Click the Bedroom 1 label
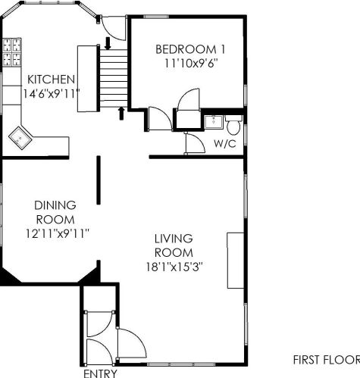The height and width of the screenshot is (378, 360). tap(190, 49)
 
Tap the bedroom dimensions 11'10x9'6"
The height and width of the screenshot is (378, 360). tap(191, 63)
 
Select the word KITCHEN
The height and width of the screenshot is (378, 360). tap(51, 80)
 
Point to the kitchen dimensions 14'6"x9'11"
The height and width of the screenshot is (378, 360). tap(52, 94)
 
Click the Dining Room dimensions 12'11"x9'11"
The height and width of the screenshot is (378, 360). tap(58, 233)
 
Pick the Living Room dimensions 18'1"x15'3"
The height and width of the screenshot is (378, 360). tap(174, 267)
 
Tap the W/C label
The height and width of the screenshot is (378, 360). tap(225, 144)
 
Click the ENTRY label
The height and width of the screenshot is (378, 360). tap(100, 373)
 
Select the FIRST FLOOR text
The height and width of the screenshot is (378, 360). tap(327, 360)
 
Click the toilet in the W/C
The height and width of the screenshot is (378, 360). tap(233, 125)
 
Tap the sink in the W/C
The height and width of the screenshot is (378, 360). tap(214, 122)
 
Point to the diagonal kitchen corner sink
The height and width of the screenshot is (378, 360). tap(20, 138)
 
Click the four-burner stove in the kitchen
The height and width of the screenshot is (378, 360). tap(12, 52)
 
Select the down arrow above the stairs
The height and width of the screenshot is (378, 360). tap(108, 43)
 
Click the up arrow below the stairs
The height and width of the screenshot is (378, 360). tap(121, 114)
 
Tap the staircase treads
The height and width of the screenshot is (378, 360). tap(114, 78)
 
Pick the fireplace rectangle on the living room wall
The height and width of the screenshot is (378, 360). tap(236, 261)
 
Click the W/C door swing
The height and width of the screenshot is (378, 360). tap(195, 143)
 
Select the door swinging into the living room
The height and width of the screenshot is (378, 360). tap(131, 343)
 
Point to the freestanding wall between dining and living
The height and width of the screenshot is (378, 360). tap(99, 180)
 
